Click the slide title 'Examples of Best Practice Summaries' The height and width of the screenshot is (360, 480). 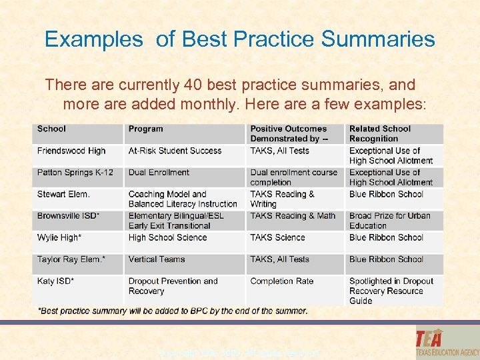point(239,39)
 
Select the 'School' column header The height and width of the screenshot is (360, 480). point(51,129)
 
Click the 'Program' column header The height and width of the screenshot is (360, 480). point(145,129)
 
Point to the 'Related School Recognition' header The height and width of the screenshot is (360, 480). point(380,133)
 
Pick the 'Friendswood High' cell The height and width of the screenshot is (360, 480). point(71,151)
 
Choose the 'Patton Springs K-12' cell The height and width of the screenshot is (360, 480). point(75,173)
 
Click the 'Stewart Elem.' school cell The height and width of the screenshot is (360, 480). point(63,194)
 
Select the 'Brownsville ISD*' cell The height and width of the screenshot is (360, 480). point(69,216)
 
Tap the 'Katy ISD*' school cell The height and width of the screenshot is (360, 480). point(55,281)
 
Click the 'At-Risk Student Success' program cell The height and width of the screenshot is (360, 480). point(175,151)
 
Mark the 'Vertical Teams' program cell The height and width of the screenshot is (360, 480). point(157,259)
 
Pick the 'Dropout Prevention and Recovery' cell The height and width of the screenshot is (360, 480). point(173,286)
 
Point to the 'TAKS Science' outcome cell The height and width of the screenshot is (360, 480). point(277,237)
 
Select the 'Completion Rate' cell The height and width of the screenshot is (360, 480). point(281,281)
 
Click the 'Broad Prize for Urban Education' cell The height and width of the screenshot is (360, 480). point(390,221)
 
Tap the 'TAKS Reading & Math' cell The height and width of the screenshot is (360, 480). point(293,216)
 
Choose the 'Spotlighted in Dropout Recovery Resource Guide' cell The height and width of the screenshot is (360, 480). point(391,291)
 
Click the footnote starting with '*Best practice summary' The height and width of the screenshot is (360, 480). point(173,311)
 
